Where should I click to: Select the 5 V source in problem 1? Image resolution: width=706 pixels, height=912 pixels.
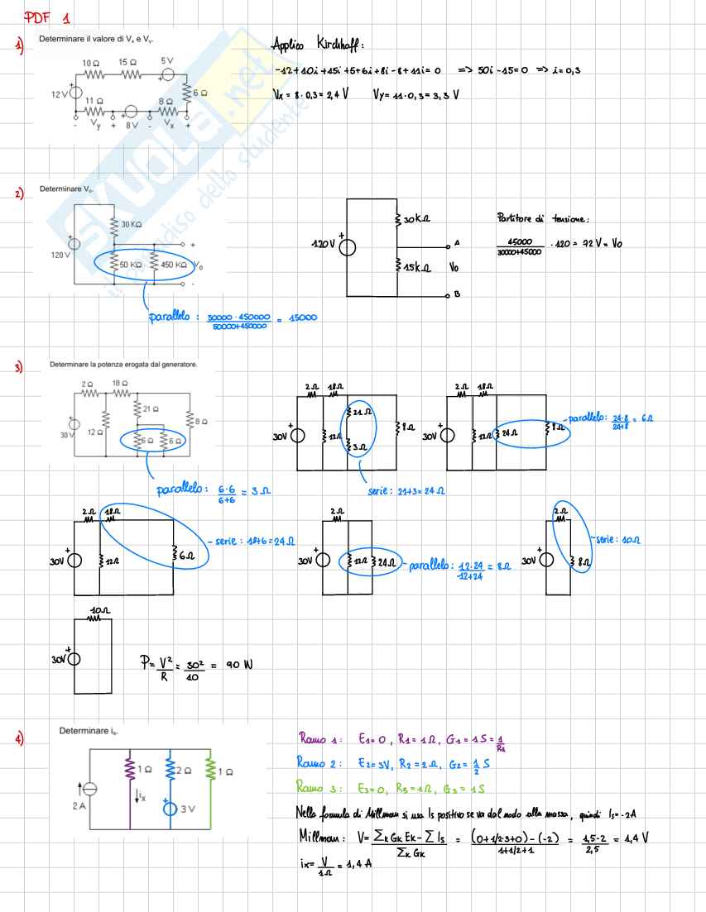[167, 74]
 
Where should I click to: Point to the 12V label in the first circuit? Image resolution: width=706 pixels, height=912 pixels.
[59, 94]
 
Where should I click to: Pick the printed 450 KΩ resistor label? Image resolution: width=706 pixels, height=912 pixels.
[174, 265]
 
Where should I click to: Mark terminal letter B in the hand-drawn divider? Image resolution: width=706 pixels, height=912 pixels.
[457, 295]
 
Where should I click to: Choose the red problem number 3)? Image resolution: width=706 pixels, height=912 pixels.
[18, 367]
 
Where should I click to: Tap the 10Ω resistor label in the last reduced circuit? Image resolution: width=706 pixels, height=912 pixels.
[99, 609]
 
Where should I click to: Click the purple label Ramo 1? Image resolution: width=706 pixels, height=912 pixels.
[319, 738]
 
